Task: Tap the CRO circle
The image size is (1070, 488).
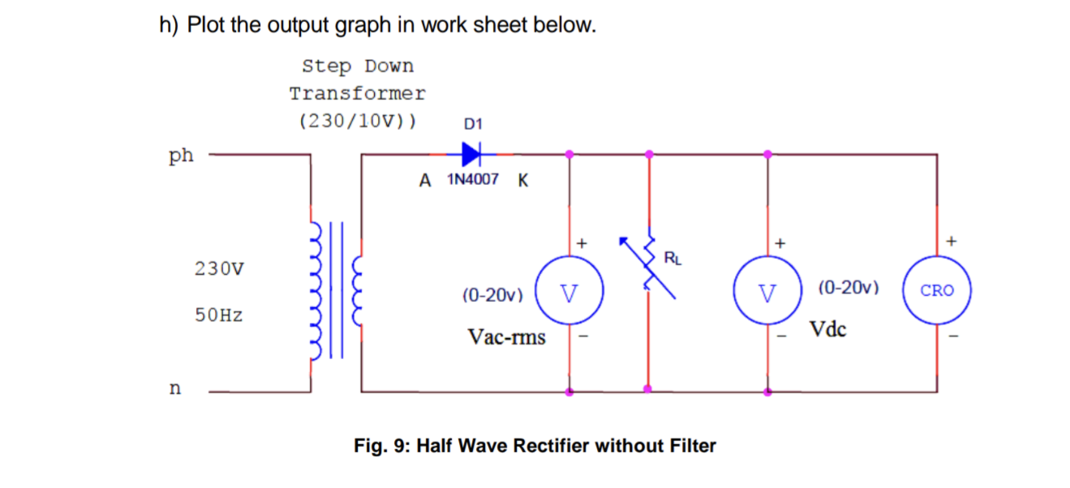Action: [x=937, y=290]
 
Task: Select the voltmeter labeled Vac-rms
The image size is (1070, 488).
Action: [x=569, y=290]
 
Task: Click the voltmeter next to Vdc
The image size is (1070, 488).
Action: [x=767, y=290]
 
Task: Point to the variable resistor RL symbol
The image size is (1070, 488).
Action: [x=649, y=263]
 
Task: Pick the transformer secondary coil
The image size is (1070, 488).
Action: [x=357, y=289]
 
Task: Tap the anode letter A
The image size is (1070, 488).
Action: [x=425, y=181]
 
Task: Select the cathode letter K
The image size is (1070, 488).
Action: [x=522, y=181]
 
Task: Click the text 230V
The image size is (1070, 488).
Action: [x=219, y=268]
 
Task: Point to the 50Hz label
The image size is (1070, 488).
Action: [x=219, y=315]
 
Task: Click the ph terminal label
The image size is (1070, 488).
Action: [x=181, y=156]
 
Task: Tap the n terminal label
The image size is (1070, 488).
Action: [x=174, y=389]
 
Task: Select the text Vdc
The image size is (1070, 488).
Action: [x=827, y=330]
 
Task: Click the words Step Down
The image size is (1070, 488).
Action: [x=357, y=66]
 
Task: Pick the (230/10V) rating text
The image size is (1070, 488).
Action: [x=357, y=122]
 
